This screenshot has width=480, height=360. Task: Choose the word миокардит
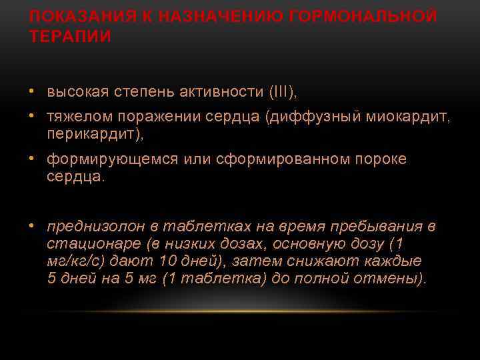[x=405, y=117]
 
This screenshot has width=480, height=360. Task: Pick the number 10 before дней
[x=168, y=261]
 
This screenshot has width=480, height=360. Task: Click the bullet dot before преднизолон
[x=33, y=226]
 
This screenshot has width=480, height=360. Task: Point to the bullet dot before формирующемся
[x=33, y=159]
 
